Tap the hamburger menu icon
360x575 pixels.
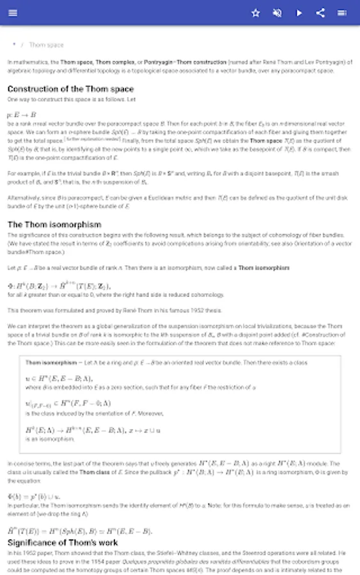tap(13, 13)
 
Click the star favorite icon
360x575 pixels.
tap(256, 13)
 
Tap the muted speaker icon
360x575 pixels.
tap(278, 13)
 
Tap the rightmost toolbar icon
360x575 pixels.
tap(342, 13)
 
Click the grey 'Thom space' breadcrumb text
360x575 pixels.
tap(47, 45)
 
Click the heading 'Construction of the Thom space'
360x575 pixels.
tap(70, 89)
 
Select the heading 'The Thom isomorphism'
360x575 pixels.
tap(54, 225)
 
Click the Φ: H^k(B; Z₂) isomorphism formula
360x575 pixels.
tap(59, 286)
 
